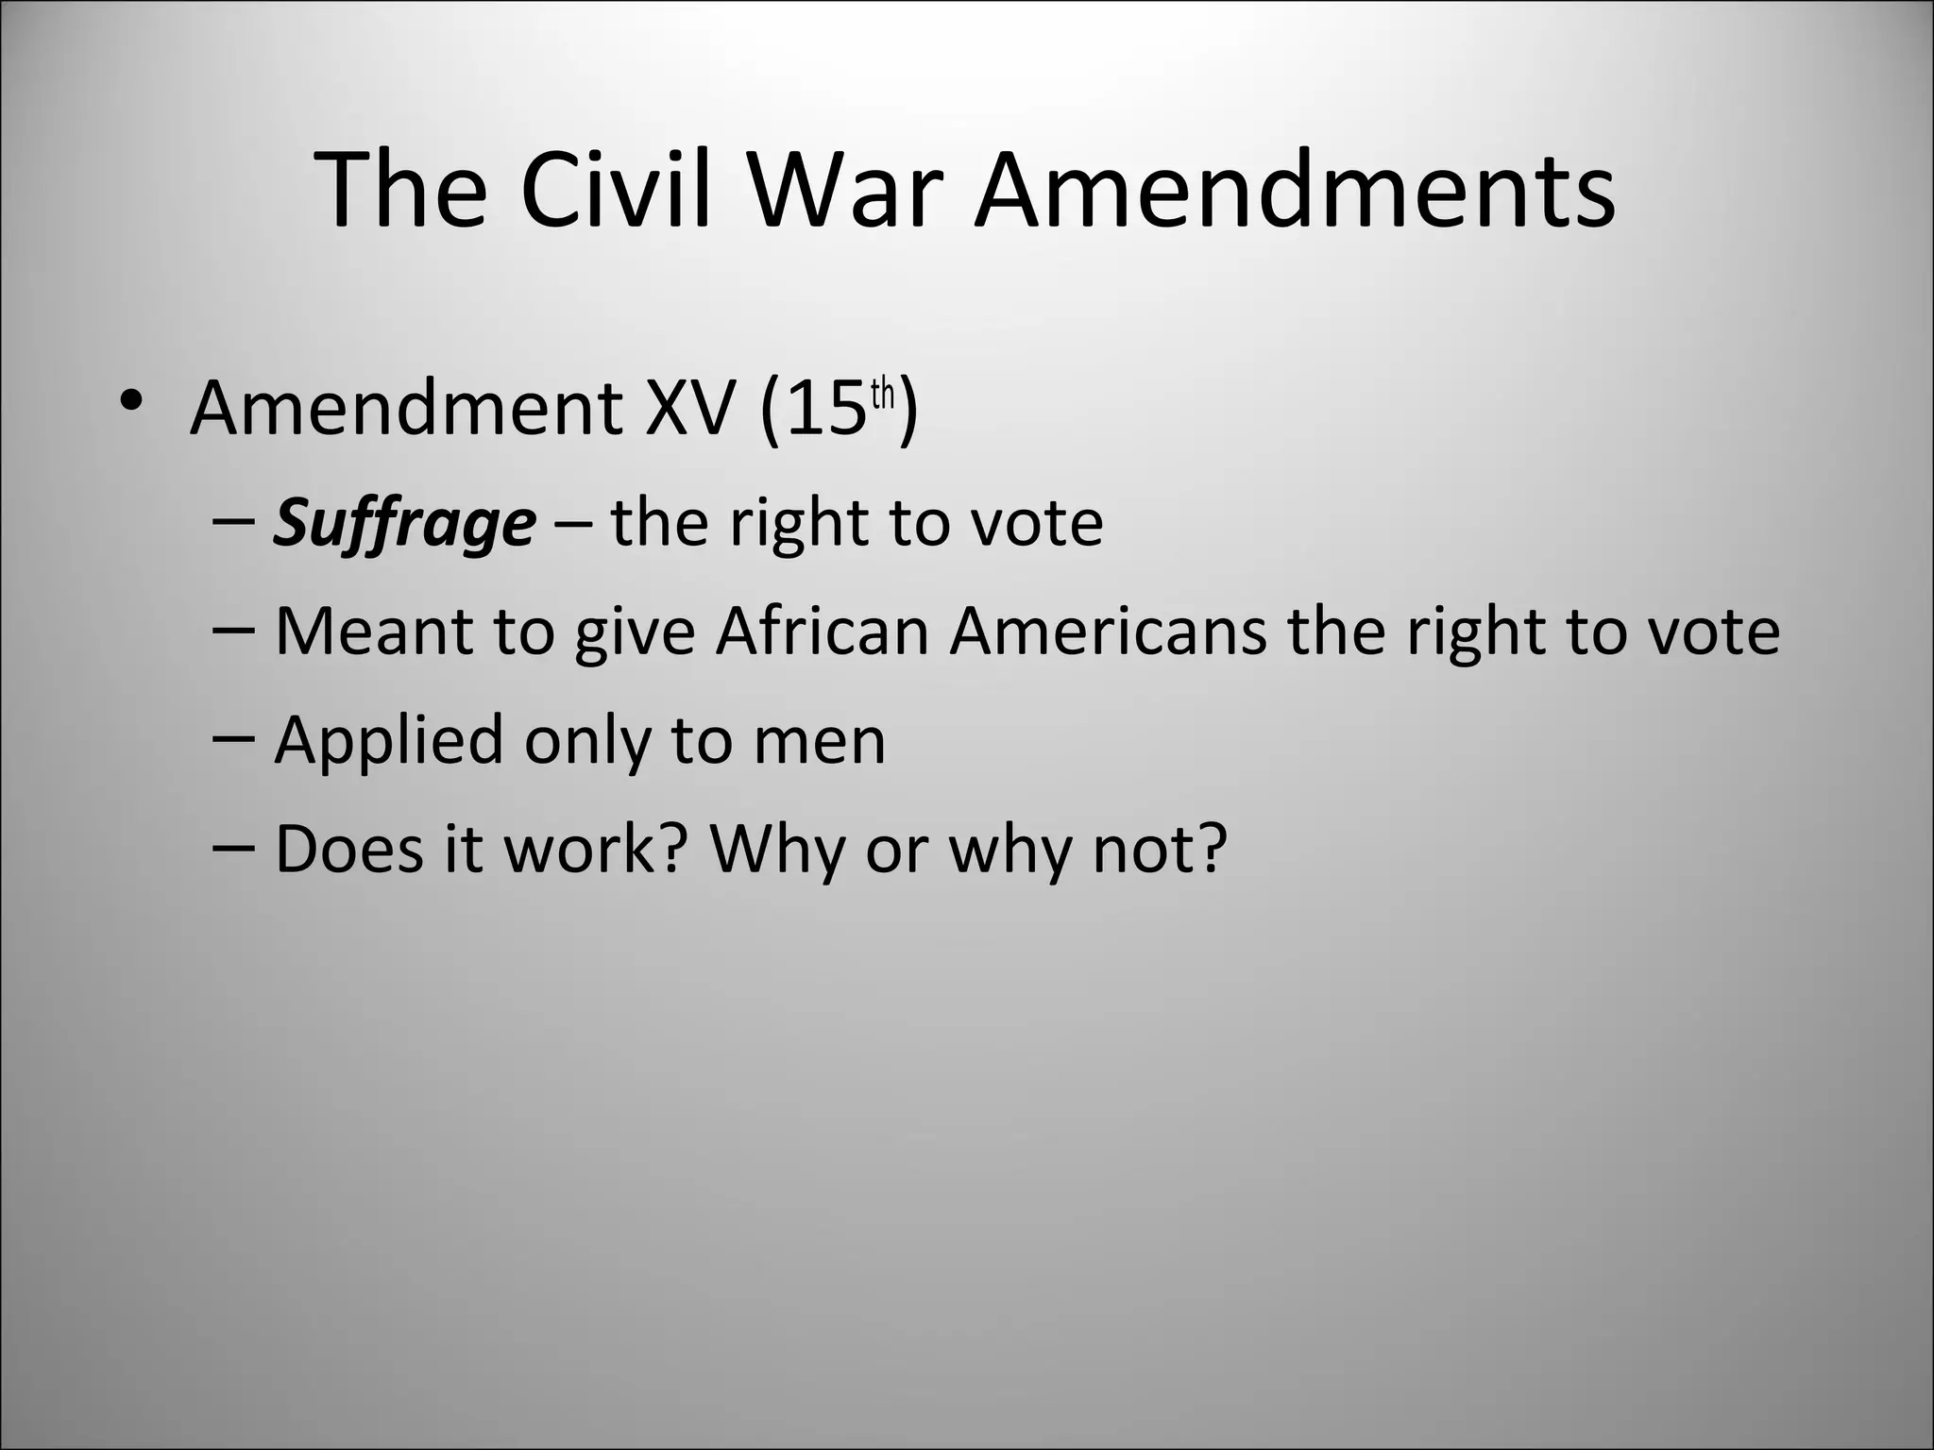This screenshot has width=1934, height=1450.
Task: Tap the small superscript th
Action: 882,395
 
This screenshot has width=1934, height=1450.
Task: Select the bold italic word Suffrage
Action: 404,523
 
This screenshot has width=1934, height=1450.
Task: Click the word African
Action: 823,631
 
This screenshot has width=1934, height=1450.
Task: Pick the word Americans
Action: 1109,631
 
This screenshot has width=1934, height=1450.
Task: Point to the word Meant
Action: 374,631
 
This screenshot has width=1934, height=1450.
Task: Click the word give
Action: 635,632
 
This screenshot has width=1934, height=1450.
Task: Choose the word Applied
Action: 388,741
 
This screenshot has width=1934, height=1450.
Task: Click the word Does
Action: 348,848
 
